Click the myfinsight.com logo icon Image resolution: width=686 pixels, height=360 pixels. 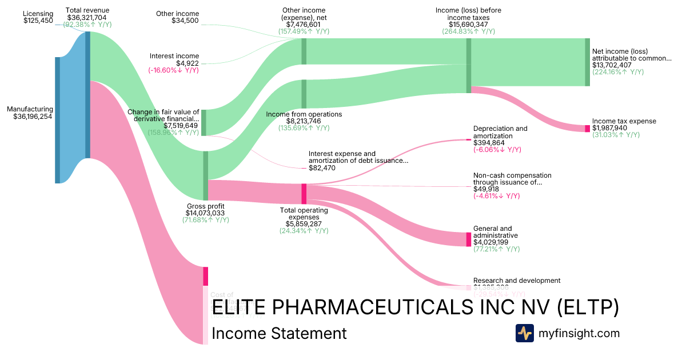pyautogui.click(x=524, y=333)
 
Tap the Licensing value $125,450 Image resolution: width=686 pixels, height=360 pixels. pyautogui.click(x=38, y=21)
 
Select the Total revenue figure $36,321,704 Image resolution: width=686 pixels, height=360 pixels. pyautogui.click(x=87, y=17)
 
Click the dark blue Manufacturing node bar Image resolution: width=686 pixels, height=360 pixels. pyautogui.click(x=57, y=120)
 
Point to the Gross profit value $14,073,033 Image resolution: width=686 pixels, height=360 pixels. pyautogui.click(x=206, y=213)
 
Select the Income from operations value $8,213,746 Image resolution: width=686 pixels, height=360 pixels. pyautogui.click(x=304, y=121)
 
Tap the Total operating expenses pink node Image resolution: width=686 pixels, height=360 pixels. pyautogui.click(x=304, y=193)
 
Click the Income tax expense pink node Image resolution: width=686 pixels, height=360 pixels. pyautogui.click(x=587, y=129)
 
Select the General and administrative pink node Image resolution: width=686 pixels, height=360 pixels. pyautogui.click(x=469, y=239)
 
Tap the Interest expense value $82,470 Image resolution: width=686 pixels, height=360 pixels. pyautogui.click(x=322, y=168)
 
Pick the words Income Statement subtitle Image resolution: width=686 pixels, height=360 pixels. pyautogui.click(x=279, y=334)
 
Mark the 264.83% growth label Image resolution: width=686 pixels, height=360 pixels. pyautogui.click(x=468, y=31)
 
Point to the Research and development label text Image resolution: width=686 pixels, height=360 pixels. pyautogui.click(x=517, y=281)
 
